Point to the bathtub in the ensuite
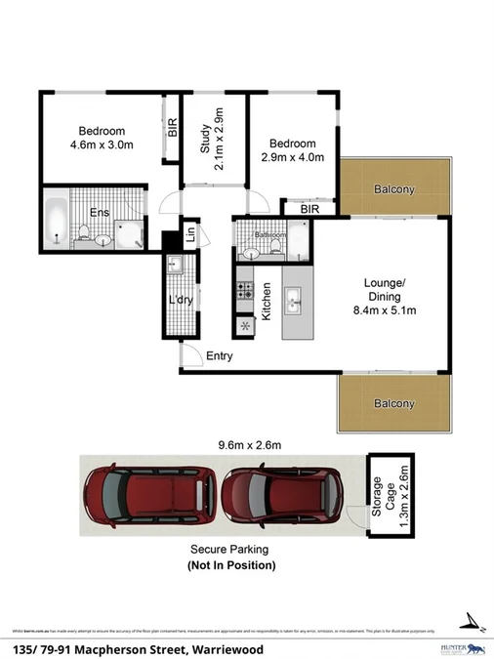54,222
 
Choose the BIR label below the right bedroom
310,209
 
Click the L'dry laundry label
181,300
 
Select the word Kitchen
265,301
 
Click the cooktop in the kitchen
244,290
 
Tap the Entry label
220,356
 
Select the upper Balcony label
394,189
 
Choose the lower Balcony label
394,403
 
